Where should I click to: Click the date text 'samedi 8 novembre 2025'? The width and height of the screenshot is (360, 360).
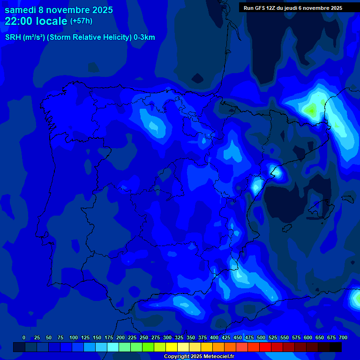(x=58, y=10)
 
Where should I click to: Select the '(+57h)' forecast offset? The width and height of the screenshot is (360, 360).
(x=81, y=21)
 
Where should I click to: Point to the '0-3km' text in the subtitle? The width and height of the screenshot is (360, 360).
(x=144, y=37)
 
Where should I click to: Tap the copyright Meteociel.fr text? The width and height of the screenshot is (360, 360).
(x=199, y=356)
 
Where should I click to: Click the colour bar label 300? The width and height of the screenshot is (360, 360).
(x=167, y=337)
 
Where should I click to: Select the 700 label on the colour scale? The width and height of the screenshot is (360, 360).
(x=343, y=337)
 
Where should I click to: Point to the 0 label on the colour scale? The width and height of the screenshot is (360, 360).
(x=24, y=337)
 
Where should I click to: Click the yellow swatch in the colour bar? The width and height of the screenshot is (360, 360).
(x=172, y=347)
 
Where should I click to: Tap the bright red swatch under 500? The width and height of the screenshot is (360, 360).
(x=254, y=347)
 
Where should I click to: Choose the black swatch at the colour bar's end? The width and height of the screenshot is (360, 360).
(x=336, y=347)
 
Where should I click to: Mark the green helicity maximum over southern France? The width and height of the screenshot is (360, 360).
(x=310, y=111)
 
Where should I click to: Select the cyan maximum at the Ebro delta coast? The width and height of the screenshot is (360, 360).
(x=277, y=172)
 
